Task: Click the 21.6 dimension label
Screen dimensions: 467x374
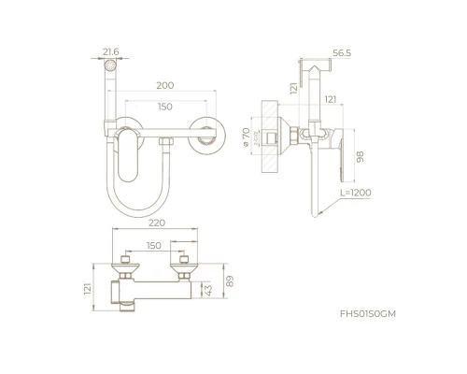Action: click(111, 51)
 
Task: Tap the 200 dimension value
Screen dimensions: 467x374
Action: click(165, 85)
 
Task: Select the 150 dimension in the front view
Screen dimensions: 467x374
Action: click(165, 107)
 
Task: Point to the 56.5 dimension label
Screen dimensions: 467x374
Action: click(342, 53)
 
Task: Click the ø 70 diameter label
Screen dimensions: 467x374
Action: click(246, 137)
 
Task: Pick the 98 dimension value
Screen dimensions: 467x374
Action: click(360, 157)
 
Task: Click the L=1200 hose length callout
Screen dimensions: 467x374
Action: click(356, 193)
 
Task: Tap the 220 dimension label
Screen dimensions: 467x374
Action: click(157, 223)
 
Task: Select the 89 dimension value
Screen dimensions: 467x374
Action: click(230, 281)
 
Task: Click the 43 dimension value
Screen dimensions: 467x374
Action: click(207, 290)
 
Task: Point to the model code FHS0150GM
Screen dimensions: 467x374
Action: click(368, 314)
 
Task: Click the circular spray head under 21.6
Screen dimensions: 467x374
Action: click(110, 65)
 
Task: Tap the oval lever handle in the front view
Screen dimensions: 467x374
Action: click(128, 155)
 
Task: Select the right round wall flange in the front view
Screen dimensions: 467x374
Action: click(206, 136)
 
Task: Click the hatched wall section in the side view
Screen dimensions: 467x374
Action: click(270, 137)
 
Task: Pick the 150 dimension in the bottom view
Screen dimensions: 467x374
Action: click(154, 246)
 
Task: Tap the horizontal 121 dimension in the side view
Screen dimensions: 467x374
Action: click(331, 99)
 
